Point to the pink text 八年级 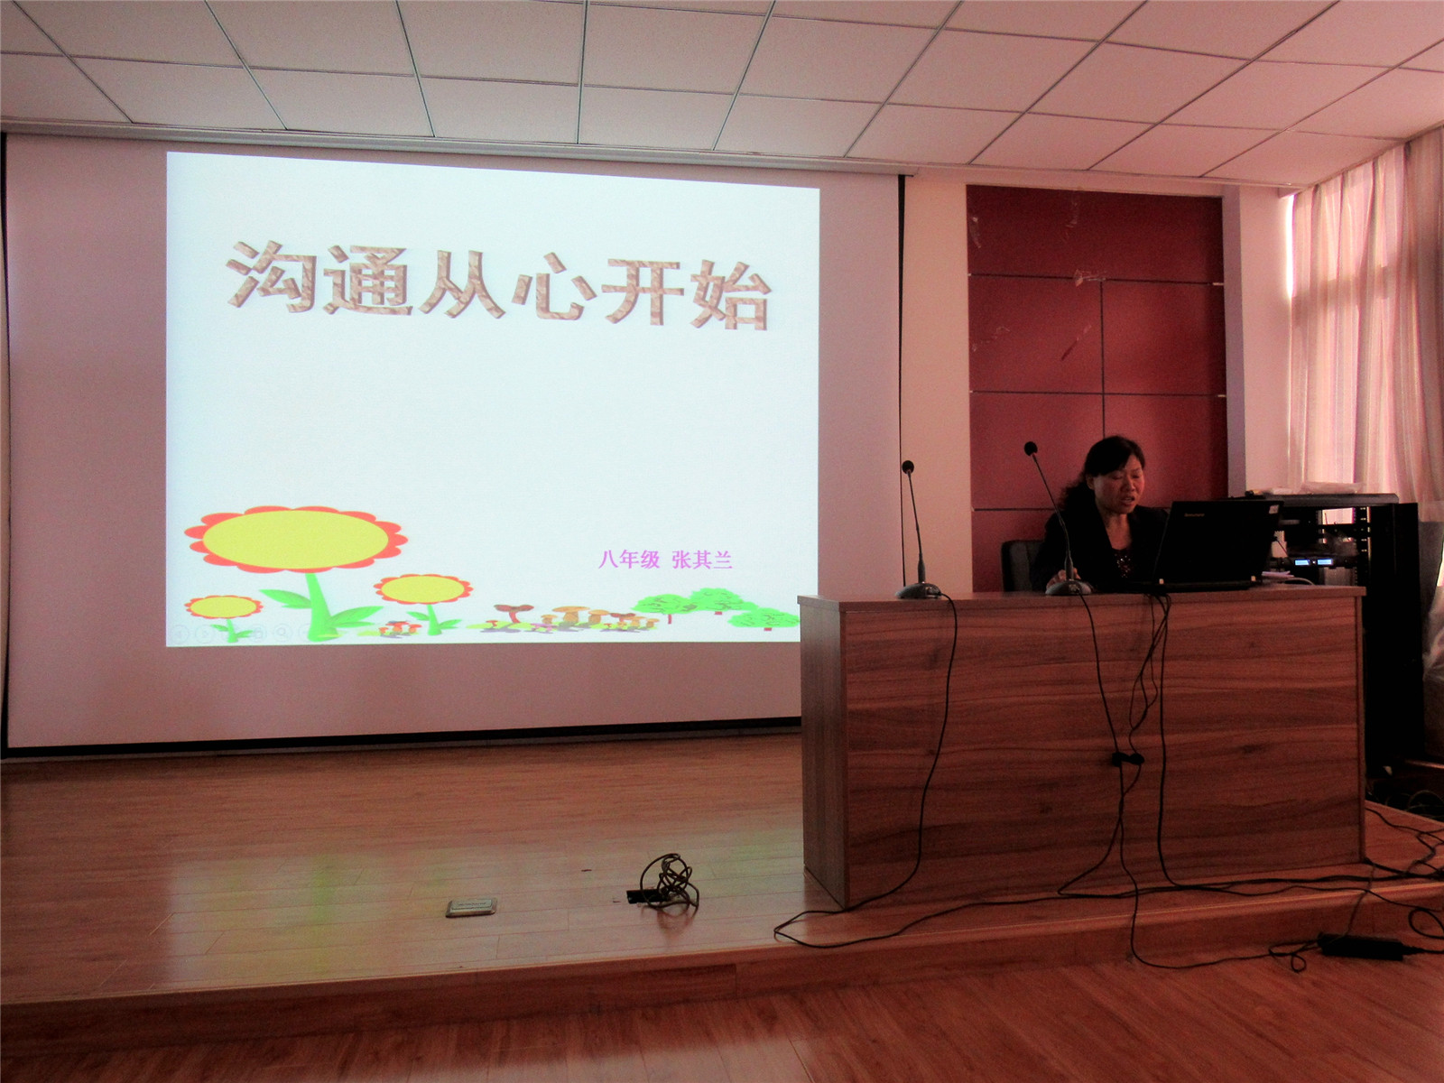tap(629, 560)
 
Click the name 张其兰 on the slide tap(702, 560)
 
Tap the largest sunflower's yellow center tap(295, 539)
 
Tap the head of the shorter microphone tap(908, 467)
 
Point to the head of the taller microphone tap(1031, 449)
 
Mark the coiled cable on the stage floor tap(664, 882)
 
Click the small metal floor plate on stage tap(471, 907)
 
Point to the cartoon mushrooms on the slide tap(571, 619)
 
